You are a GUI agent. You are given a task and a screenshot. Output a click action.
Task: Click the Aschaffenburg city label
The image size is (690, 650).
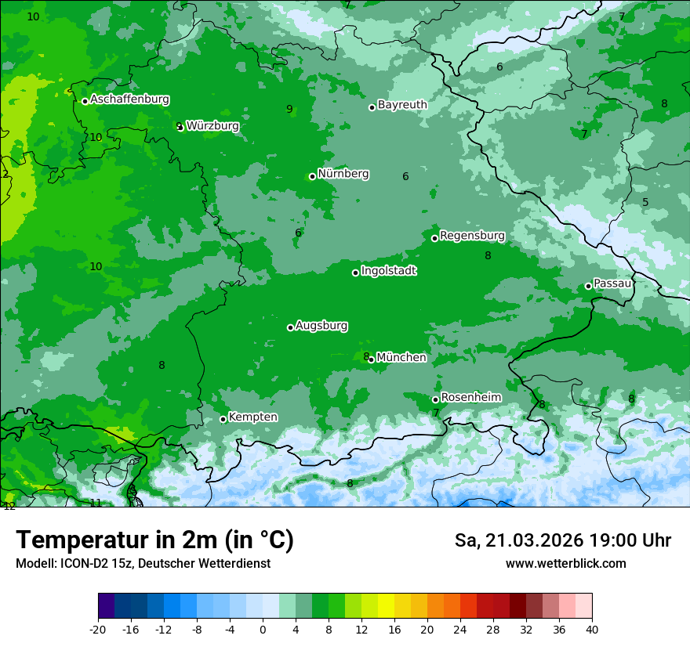click(x=129, y=99)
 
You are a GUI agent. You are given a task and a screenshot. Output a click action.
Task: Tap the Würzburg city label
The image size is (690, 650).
click(x=212, y=125)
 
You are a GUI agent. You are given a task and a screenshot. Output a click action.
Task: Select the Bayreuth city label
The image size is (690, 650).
click(x=402, y=104)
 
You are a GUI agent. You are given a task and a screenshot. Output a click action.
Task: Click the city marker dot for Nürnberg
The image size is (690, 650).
click(x=312, y=176)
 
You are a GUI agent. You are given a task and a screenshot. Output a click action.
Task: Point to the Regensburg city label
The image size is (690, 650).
click(x=472, y=235)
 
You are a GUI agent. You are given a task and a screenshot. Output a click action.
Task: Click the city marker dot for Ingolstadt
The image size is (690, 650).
click(x=355, y=273)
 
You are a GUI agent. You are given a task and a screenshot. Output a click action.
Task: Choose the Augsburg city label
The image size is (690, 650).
click(x=321, y=325)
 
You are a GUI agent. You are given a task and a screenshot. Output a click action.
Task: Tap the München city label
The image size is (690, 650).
click(x=401, y=357)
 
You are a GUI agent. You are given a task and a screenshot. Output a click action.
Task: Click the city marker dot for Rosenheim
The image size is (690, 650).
click(x=435, y=399)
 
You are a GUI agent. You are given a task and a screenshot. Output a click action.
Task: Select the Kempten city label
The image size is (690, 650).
click(x=252, y=417)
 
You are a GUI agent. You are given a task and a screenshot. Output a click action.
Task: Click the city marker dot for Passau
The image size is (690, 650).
click(x=588, y=286)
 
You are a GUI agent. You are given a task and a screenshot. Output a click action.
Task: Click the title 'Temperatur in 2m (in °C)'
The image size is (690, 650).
click(x=154, y=540)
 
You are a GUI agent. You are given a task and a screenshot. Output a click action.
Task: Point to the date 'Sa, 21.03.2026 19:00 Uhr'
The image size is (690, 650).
click(x=562, y=540)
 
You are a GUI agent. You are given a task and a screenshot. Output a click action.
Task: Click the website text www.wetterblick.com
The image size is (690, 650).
click(x=565, y=563)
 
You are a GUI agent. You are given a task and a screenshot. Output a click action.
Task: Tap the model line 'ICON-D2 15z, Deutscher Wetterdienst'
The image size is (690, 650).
click(x=143, y=563)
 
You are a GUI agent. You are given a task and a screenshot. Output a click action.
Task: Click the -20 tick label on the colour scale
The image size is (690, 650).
click(x=98, y=629)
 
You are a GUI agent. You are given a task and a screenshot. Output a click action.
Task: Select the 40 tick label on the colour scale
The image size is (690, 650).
click(x=592, y=629)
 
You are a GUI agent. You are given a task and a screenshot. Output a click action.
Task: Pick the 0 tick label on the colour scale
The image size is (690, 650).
click(x=263, y=629)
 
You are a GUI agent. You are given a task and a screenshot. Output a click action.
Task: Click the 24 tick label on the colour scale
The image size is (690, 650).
click(x=460, y=629)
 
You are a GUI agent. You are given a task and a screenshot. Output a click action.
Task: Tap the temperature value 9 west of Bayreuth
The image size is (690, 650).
click(x=289, y=109)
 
